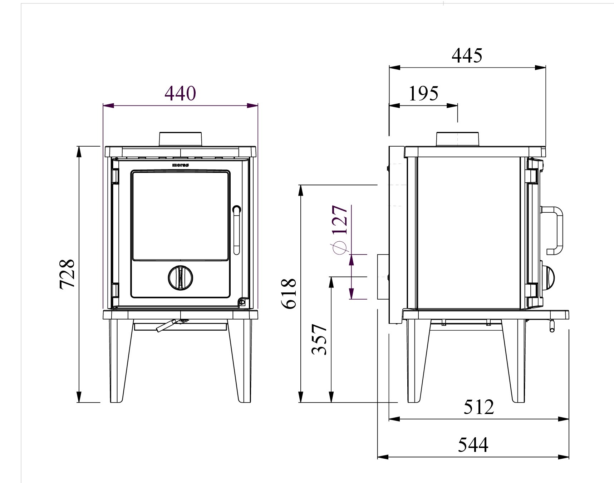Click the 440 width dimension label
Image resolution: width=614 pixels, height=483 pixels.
click(x=180, y=93)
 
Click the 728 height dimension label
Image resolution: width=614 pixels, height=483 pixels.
click(x=67, y=273)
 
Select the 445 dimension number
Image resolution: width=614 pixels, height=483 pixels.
click(x=467, y=55)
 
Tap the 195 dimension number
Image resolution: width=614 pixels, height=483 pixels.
click(x=423, y=94)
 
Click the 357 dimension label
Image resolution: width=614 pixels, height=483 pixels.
click(x=319, y=339)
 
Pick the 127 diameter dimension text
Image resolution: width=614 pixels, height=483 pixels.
click(x=340, y=220)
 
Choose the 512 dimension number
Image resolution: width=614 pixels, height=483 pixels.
click(x=479, y=406)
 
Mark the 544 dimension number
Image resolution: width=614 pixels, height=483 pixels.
click(x=473, y=445)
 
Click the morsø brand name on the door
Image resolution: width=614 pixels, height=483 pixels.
click(x=180, y=165)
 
